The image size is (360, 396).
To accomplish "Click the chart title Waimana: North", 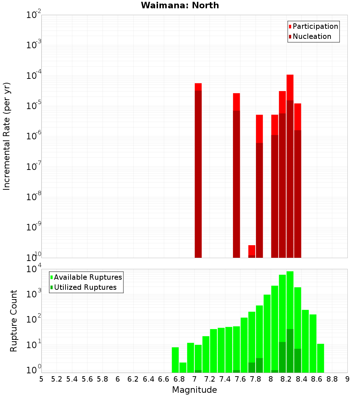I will (180, 5).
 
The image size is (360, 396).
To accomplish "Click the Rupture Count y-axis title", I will (14, 320).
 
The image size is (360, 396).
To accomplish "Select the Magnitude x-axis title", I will (194, 390).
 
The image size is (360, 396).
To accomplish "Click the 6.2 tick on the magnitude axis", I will (133, 379).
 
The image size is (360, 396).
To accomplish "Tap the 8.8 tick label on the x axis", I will (332, 379).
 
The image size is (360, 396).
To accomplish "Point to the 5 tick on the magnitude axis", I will (41, 379).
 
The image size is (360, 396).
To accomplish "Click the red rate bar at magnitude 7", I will (198, 169).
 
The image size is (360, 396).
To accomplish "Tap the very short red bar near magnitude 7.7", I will (252, 251).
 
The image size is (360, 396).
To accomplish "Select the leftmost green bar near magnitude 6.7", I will (175, 360).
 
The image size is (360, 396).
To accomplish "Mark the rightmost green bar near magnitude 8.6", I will (320, 358).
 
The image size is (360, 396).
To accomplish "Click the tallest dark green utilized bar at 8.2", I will (290, 351).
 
